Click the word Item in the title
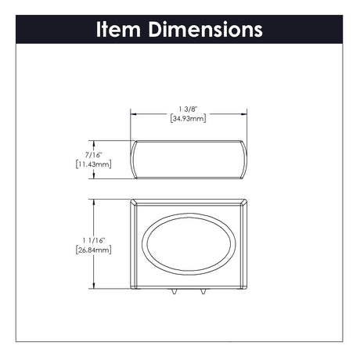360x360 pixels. [x=118, y=29]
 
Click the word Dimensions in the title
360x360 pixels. [x=206, y=29]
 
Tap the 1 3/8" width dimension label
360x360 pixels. [x=189, y=109]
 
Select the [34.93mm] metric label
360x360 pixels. [x=189, y=118]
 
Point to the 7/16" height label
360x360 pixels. [x=93, y=155]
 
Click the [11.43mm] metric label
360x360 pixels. [x=94, y=164]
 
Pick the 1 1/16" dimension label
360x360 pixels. [x=94, y=240]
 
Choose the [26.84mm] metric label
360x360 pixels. [x=94, y=250]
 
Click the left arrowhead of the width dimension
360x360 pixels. [x=134, y=114]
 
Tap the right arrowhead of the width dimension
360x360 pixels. [x=243, y=114]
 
